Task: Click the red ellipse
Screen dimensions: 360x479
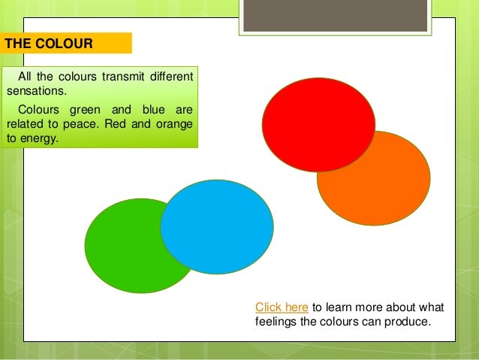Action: tap(318, 124)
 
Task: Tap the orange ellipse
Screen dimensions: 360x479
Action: tap(390, 188)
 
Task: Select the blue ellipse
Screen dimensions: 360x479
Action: tap(217, 226)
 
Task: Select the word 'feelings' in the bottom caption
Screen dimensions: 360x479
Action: tap(276, 322)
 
